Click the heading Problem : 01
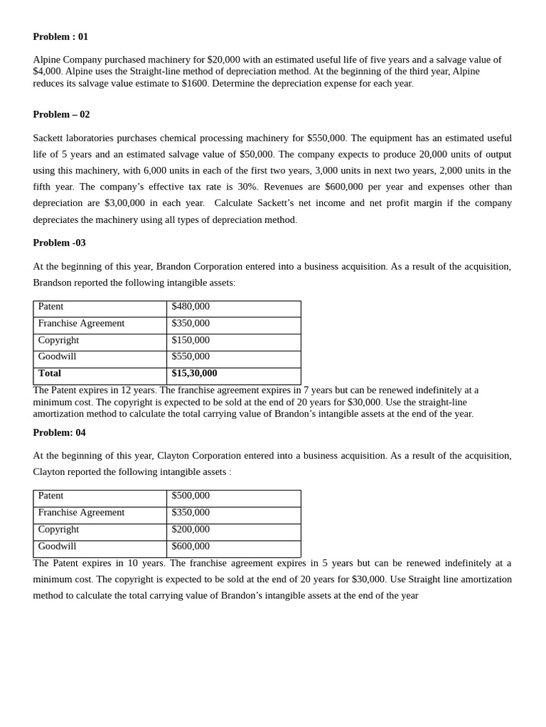pos(60,37)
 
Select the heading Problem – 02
pos(61,114)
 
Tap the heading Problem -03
pos(59,243)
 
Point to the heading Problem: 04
pos(59,432)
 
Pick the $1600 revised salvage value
pos(194,84)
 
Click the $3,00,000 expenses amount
pos(124,203)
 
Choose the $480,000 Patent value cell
pos(191,307)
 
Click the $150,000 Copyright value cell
pos(191,340)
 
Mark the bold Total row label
pos(50,373)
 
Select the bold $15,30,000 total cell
pos(194,373)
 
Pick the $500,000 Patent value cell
pos(191,496)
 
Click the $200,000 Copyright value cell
pos(191,530)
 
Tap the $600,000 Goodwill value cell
pos(191,547)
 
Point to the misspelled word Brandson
pos(55,283)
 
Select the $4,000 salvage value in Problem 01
pos(47,72)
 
